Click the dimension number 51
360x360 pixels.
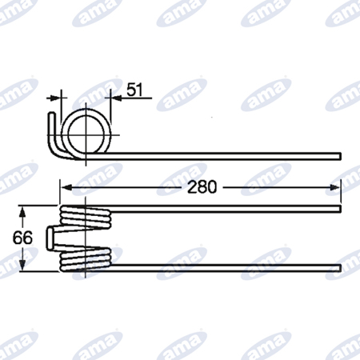(x=134, y=90)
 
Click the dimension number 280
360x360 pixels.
(x=202, y=187)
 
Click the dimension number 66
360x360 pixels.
(x=22, y=238)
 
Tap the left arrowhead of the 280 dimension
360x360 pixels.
(x=66, y=188)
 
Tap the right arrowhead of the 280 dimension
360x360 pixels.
(x=335, y=188)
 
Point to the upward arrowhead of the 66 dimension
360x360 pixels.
(x=22, y=213)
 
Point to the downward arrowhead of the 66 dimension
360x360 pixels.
(x=22, y=265)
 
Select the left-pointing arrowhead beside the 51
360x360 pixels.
(x=116, y=98)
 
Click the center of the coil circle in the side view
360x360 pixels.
(x=86, y=135)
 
